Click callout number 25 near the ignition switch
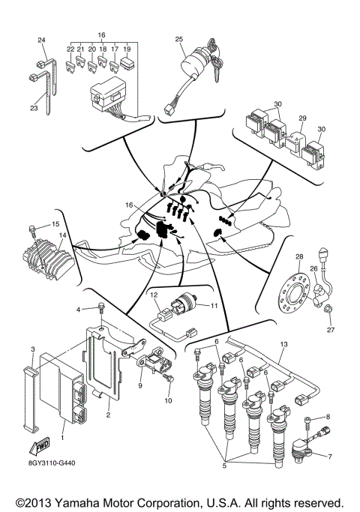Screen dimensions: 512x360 (179, 39)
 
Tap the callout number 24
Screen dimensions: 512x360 (41, 40)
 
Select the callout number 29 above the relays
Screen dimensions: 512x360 (303, 118)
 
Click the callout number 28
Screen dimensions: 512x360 (299, 257)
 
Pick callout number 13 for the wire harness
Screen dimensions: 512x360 (283, 344)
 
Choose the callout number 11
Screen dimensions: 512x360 (213, 306)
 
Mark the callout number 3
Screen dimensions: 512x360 (33, 350)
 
